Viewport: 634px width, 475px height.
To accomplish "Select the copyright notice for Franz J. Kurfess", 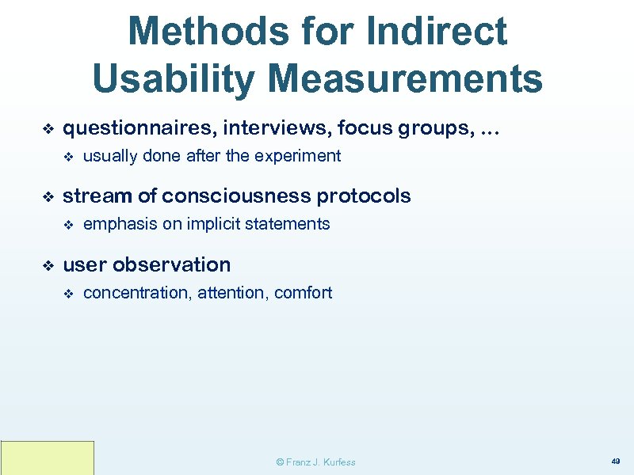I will pyautogui.click(x=315, y=462).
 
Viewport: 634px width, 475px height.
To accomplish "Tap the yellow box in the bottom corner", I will pyautogui.click(x=48, y=458).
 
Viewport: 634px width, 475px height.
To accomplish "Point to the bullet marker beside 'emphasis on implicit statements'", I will pyautogui.click(x=68, y=225).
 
